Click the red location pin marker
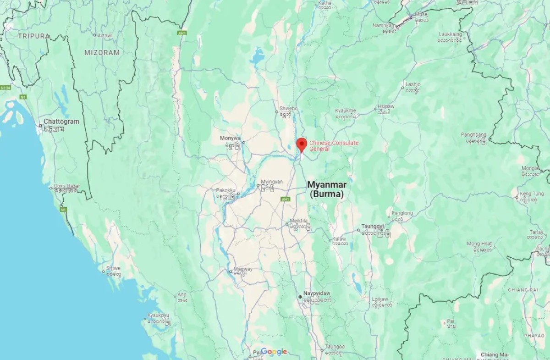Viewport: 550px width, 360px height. click(301, 144)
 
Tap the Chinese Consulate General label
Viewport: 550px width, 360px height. click(334, 146)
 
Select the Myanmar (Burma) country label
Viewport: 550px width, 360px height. click(327, 189)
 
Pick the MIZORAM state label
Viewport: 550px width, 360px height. click(102, 53)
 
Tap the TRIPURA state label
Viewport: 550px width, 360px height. click(33, 36)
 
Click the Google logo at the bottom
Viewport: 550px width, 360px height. click(274, 352)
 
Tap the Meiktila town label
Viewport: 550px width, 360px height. click(300, 224)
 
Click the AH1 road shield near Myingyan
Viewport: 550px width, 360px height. click(286, 199)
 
